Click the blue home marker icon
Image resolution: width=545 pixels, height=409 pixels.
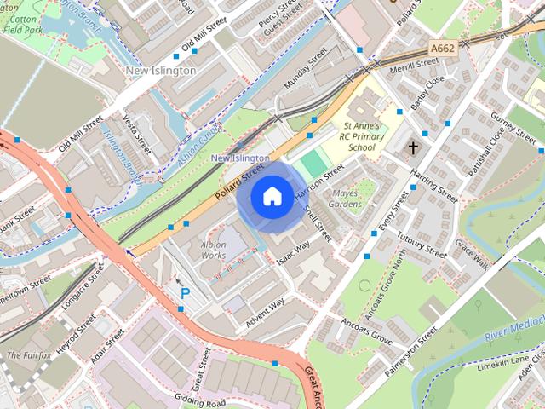click(271, 197)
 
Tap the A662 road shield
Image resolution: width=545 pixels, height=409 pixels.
click(443, 49)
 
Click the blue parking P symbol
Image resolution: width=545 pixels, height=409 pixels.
click(185, 293)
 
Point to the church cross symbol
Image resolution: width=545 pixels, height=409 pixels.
click(413, 147)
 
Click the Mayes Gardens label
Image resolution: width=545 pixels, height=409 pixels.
click(345, 199)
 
